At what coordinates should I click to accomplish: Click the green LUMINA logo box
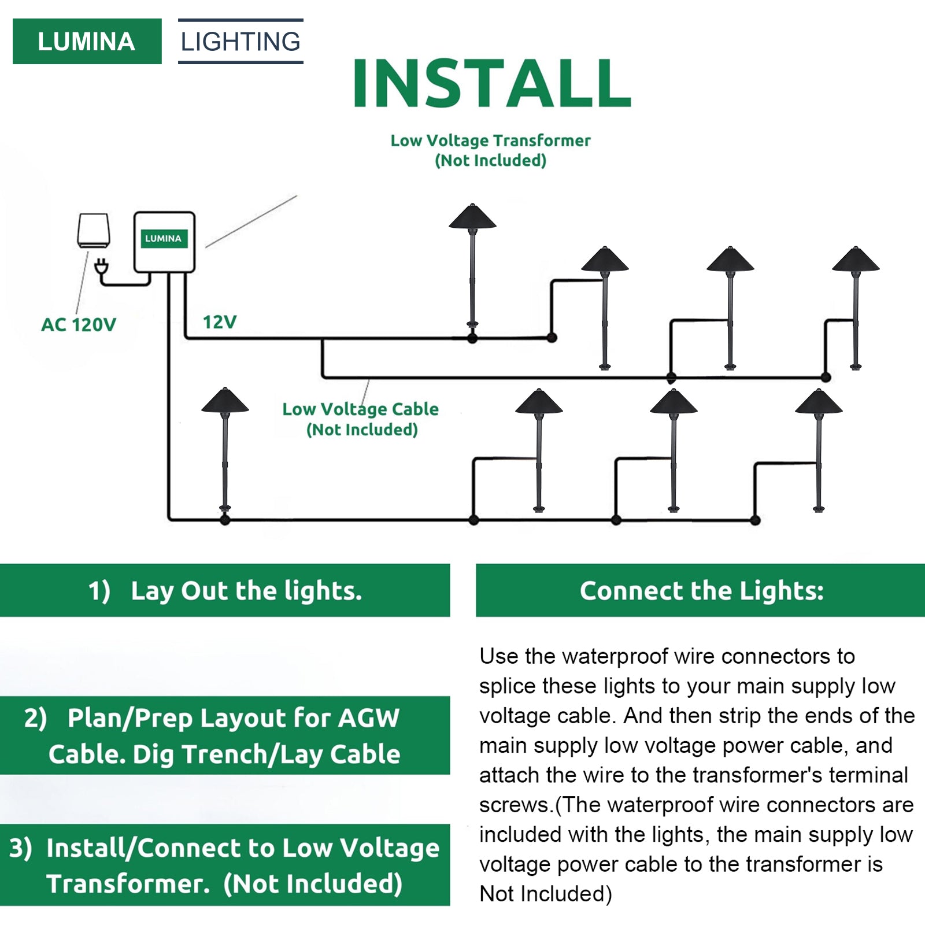87,42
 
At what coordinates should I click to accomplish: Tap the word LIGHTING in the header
240,42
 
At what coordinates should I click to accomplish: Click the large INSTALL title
491,84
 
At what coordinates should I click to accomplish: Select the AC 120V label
79,325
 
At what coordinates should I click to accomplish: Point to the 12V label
220,322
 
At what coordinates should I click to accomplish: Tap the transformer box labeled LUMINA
164,242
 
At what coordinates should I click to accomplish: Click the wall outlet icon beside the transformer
94,231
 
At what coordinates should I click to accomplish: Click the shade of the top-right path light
856,261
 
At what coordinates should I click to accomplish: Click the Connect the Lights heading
701,591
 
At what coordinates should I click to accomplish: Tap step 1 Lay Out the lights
225,591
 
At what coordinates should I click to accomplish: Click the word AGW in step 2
368,718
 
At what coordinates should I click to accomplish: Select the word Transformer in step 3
128,884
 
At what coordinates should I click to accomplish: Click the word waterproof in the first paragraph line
613,657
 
